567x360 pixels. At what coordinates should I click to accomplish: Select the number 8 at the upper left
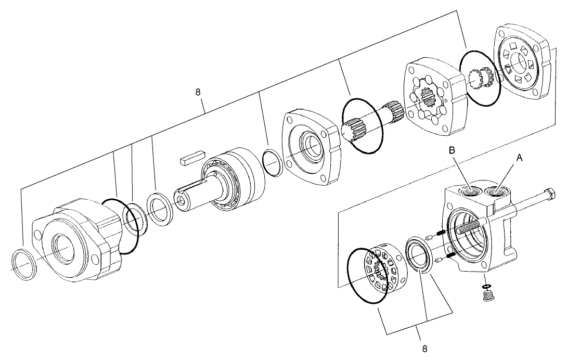click(198, 92)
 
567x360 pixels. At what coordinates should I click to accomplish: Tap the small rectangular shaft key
click(192, 158)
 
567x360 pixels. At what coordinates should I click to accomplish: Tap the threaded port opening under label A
click(497, 193)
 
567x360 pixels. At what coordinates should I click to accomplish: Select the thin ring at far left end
click(24, 265)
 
